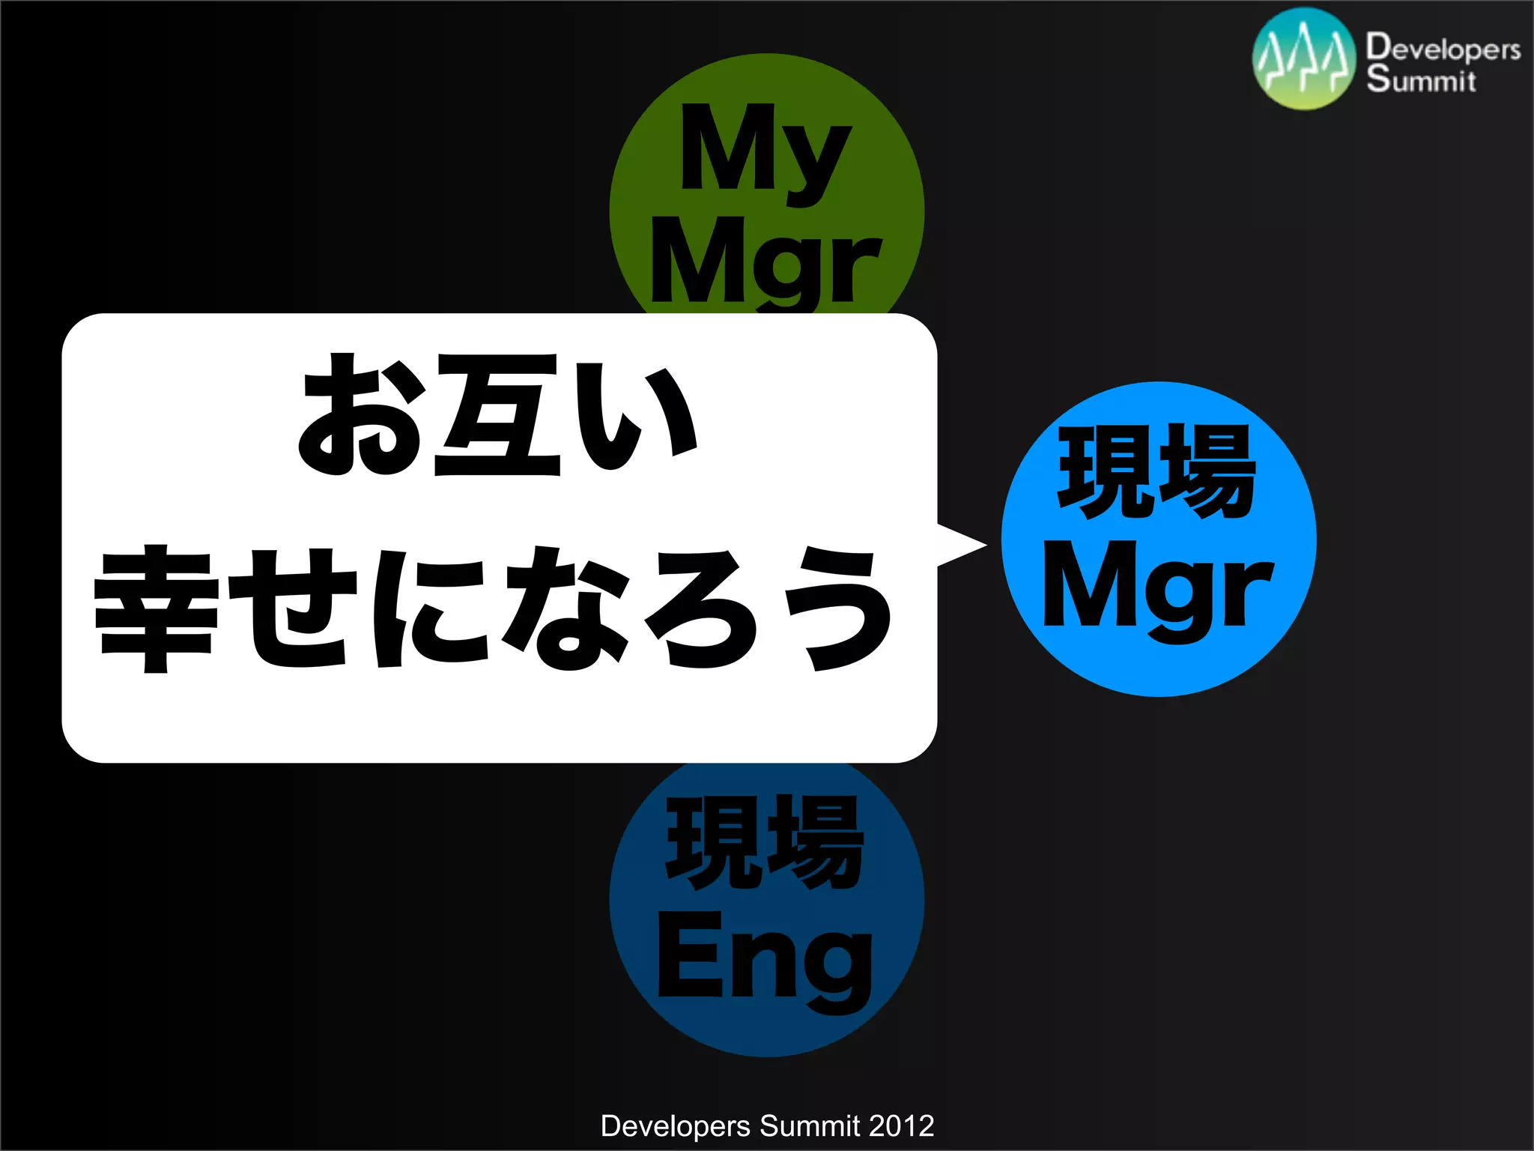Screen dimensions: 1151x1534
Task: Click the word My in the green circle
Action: [765, 150]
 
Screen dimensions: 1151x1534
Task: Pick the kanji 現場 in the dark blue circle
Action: [765, 842]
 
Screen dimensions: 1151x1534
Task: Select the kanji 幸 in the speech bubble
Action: [156, 608]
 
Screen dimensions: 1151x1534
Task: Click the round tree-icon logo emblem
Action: [1303, 59]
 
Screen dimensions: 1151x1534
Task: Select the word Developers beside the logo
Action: [1443, 46]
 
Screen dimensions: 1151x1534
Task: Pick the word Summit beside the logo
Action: [1421, 79]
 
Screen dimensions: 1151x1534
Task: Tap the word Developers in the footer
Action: [676, 1126]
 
